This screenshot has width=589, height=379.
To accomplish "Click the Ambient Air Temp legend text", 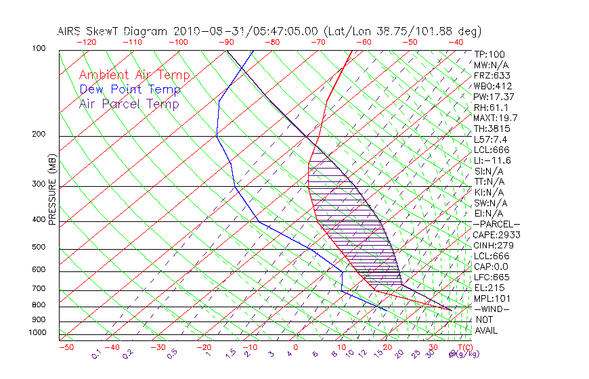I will pos(135,76).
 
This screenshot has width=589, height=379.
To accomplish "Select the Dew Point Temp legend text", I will pos(130,90).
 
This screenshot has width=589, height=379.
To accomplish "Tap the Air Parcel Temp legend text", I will pos(129,104).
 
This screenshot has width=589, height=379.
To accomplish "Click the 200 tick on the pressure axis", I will pos(39,135).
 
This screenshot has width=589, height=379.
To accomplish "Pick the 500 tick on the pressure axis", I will pos(39,248).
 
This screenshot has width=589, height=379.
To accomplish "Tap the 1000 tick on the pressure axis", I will pos(37,333).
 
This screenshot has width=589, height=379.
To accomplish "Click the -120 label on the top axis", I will pos(86,42).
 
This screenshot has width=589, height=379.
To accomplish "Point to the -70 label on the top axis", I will pos(317,42).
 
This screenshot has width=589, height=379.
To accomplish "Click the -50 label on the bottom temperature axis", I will pos(66,348).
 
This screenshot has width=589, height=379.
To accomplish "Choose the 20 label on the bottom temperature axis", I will pos(387,348).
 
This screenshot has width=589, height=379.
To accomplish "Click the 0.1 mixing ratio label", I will pos(97,354).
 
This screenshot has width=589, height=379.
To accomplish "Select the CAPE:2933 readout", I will pos(497,235).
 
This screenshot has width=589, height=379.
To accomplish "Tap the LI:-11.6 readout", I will pos(493,160).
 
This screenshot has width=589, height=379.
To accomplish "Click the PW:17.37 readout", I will pos(494,97).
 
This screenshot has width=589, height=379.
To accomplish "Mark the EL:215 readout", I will pos(488,288).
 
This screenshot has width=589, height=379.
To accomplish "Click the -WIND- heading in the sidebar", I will pos(492,309).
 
